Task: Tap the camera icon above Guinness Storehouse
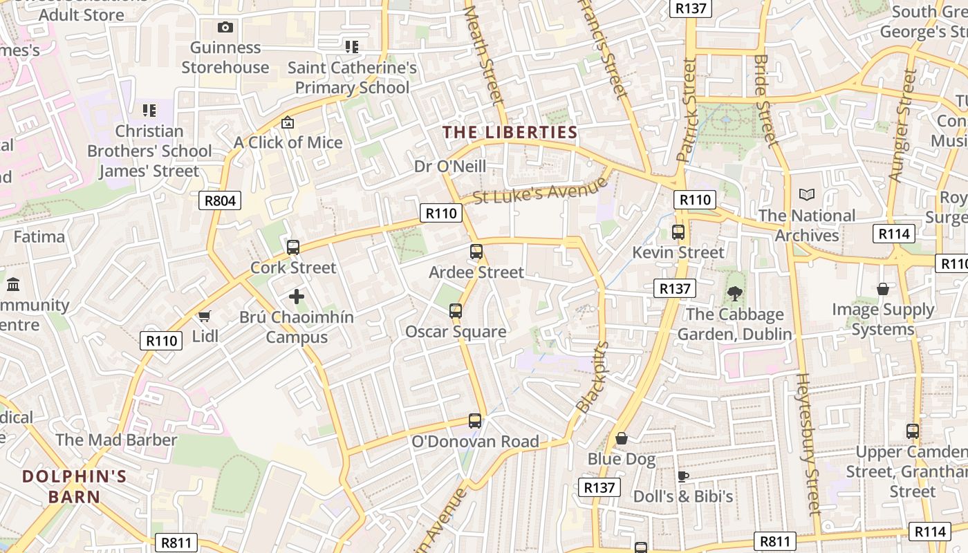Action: [x=225, y=28]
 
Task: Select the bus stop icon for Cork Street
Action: [x=293, y=247]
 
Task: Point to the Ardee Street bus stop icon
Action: [x=476, y=252]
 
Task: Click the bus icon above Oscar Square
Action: [x=456, y=311]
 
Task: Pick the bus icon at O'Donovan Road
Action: [x=475, y=420]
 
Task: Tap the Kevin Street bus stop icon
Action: [x=678, y=232]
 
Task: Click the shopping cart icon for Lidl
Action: [x=204, y=317]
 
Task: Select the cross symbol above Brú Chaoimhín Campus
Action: [x=297, y=297]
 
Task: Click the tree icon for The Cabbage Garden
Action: [x=734, y=294]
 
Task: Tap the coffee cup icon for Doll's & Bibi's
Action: [x=683, y=476]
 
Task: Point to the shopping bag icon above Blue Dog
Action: [x=622, y=438]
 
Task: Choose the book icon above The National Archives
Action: [x=807, y=195]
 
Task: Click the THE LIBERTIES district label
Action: [x=510, y=132]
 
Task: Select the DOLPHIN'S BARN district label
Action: [x=75, y=486]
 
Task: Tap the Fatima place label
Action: [x=39, y=237]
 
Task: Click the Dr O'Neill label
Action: [x=450, y=166]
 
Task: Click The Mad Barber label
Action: [x=116, y=440]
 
